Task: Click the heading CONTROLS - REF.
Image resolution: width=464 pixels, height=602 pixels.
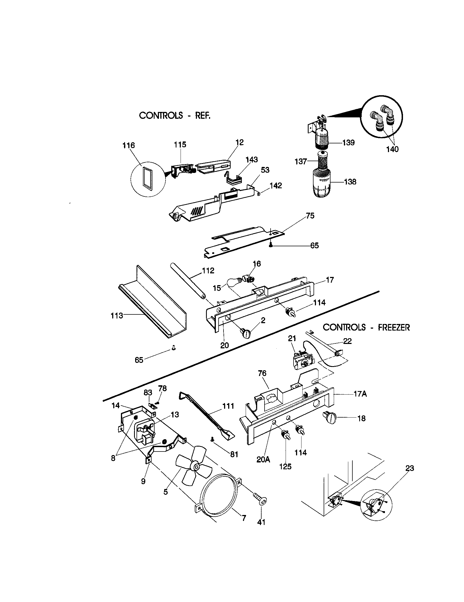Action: click(x=175, y=115)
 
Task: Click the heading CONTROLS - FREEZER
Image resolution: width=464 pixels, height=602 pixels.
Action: click(x=366, y=328)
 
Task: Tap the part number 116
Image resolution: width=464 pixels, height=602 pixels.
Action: click(x=128, y=145)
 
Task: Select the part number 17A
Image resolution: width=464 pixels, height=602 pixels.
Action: click(x=360, y=394)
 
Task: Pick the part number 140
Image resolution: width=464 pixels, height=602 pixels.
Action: click(x=392, y=149)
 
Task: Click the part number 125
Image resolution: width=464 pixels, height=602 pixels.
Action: click(x=285, y=466)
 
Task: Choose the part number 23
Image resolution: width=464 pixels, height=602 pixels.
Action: click(x=410, y=468)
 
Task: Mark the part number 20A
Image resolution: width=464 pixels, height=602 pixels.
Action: click(x=263, y=459)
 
